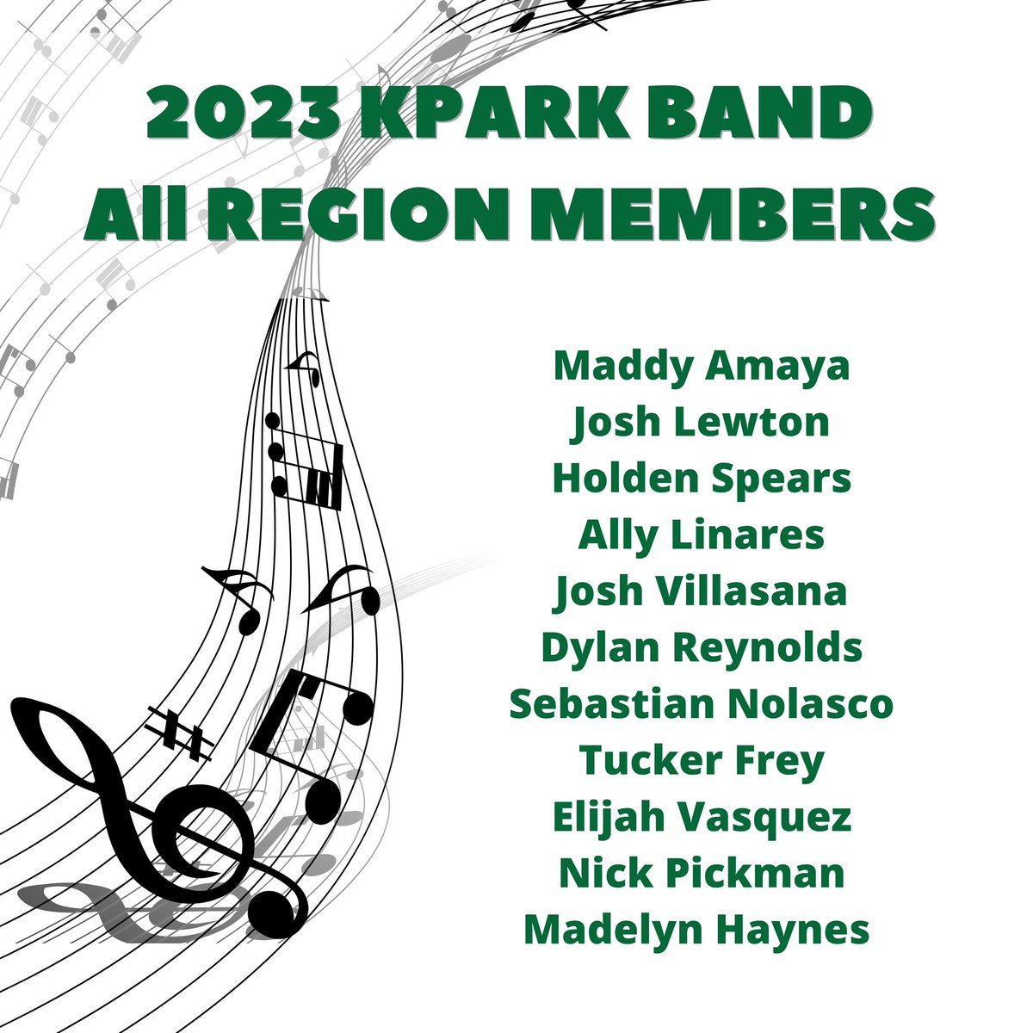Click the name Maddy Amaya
tap(702, 366)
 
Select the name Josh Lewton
tap(702, 423)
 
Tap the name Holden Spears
tap(702, 479)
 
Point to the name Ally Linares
tap(702, 535)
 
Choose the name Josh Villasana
tap(702, 591)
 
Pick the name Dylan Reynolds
tap(702, 648)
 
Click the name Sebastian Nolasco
tap(702, 704)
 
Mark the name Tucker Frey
tap(702, 761)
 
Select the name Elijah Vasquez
tap(702, 817)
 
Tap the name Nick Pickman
tap(702, 874)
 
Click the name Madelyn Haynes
tap(696, 930)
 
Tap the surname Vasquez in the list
tap(765, 817)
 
